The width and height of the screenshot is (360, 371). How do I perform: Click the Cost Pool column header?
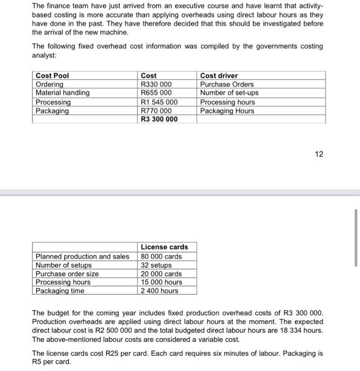52,76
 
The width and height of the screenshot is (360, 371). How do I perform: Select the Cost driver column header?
219,76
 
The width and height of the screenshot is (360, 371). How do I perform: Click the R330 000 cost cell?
155,84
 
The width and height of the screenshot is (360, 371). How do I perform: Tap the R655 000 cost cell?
156,93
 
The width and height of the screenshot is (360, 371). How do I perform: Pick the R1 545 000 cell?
159,102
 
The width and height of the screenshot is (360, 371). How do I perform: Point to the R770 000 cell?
156,111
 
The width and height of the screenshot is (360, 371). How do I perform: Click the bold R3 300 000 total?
159,119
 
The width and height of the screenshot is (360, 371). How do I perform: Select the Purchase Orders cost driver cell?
227,84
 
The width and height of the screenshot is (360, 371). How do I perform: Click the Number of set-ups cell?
229,93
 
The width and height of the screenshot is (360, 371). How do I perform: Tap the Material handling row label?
62,93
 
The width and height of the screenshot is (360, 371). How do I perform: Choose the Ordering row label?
49,84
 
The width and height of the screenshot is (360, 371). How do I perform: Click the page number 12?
319,154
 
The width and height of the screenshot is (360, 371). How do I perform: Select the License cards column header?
164,247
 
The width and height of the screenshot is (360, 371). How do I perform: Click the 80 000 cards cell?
161,257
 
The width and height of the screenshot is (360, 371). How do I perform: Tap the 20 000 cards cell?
161,273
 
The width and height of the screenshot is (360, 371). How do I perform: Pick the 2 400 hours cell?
160,290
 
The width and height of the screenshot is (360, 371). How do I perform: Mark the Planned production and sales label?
82,257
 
